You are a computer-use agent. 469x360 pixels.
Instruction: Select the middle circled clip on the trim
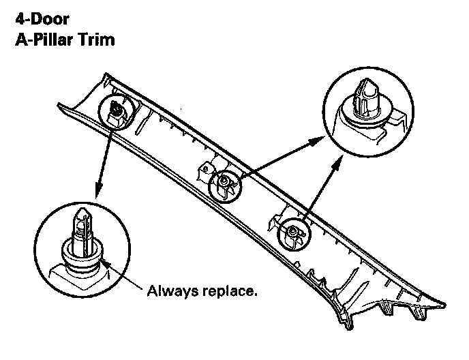pos(223,181)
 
